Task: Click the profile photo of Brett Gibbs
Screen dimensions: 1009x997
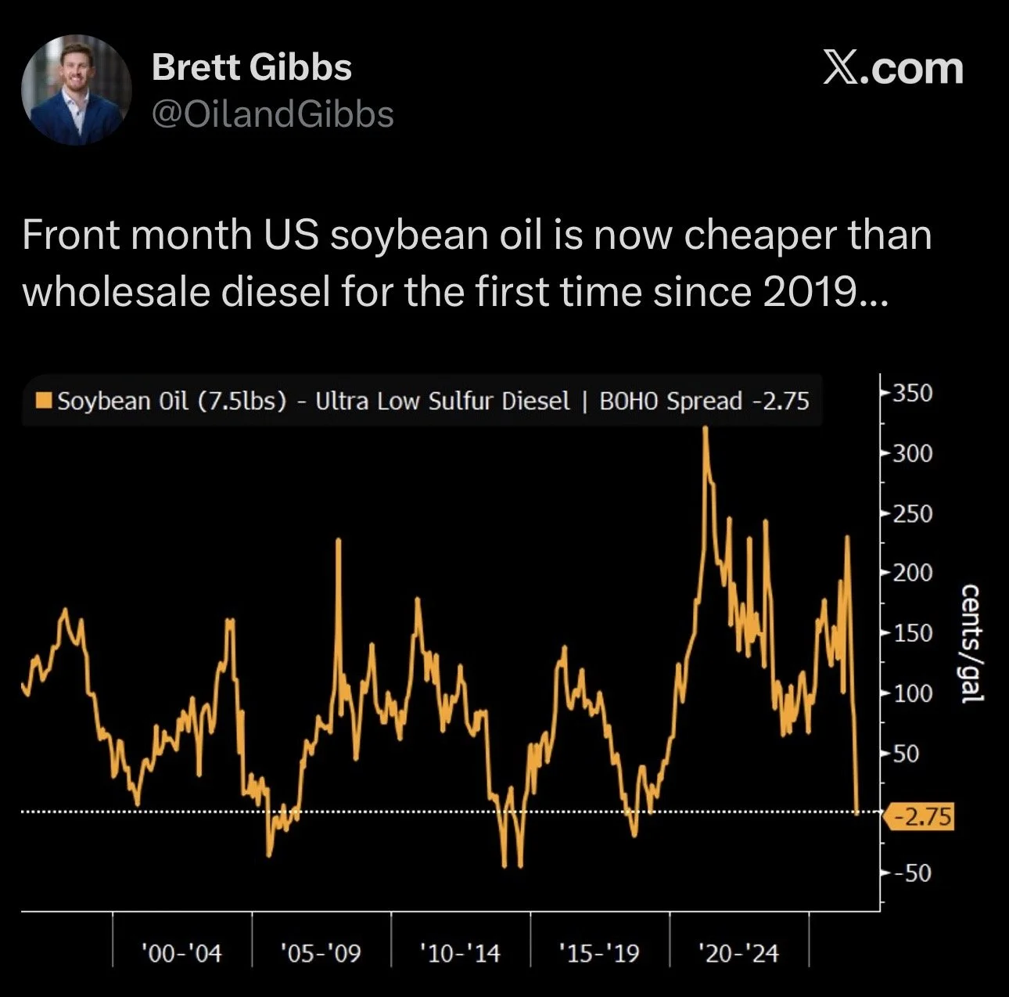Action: (77, 89)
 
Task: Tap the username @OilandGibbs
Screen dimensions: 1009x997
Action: (273, 114)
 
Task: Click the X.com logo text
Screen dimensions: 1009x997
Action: (893, 69)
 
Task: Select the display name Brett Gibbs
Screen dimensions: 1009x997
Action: (252, 67)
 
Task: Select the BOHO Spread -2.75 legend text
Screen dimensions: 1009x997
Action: (704, 401)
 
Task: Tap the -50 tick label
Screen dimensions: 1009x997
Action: (913, 873)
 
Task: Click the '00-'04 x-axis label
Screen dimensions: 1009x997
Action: (181, 953)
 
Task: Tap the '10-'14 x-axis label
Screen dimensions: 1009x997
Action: (460, 953)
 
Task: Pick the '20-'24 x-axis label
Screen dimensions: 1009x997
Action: (739, 953)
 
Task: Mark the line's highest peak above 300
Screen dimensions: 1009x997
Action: (706, 428)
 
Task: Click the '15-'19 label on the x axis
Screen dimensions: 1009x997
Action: (600, 953)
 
